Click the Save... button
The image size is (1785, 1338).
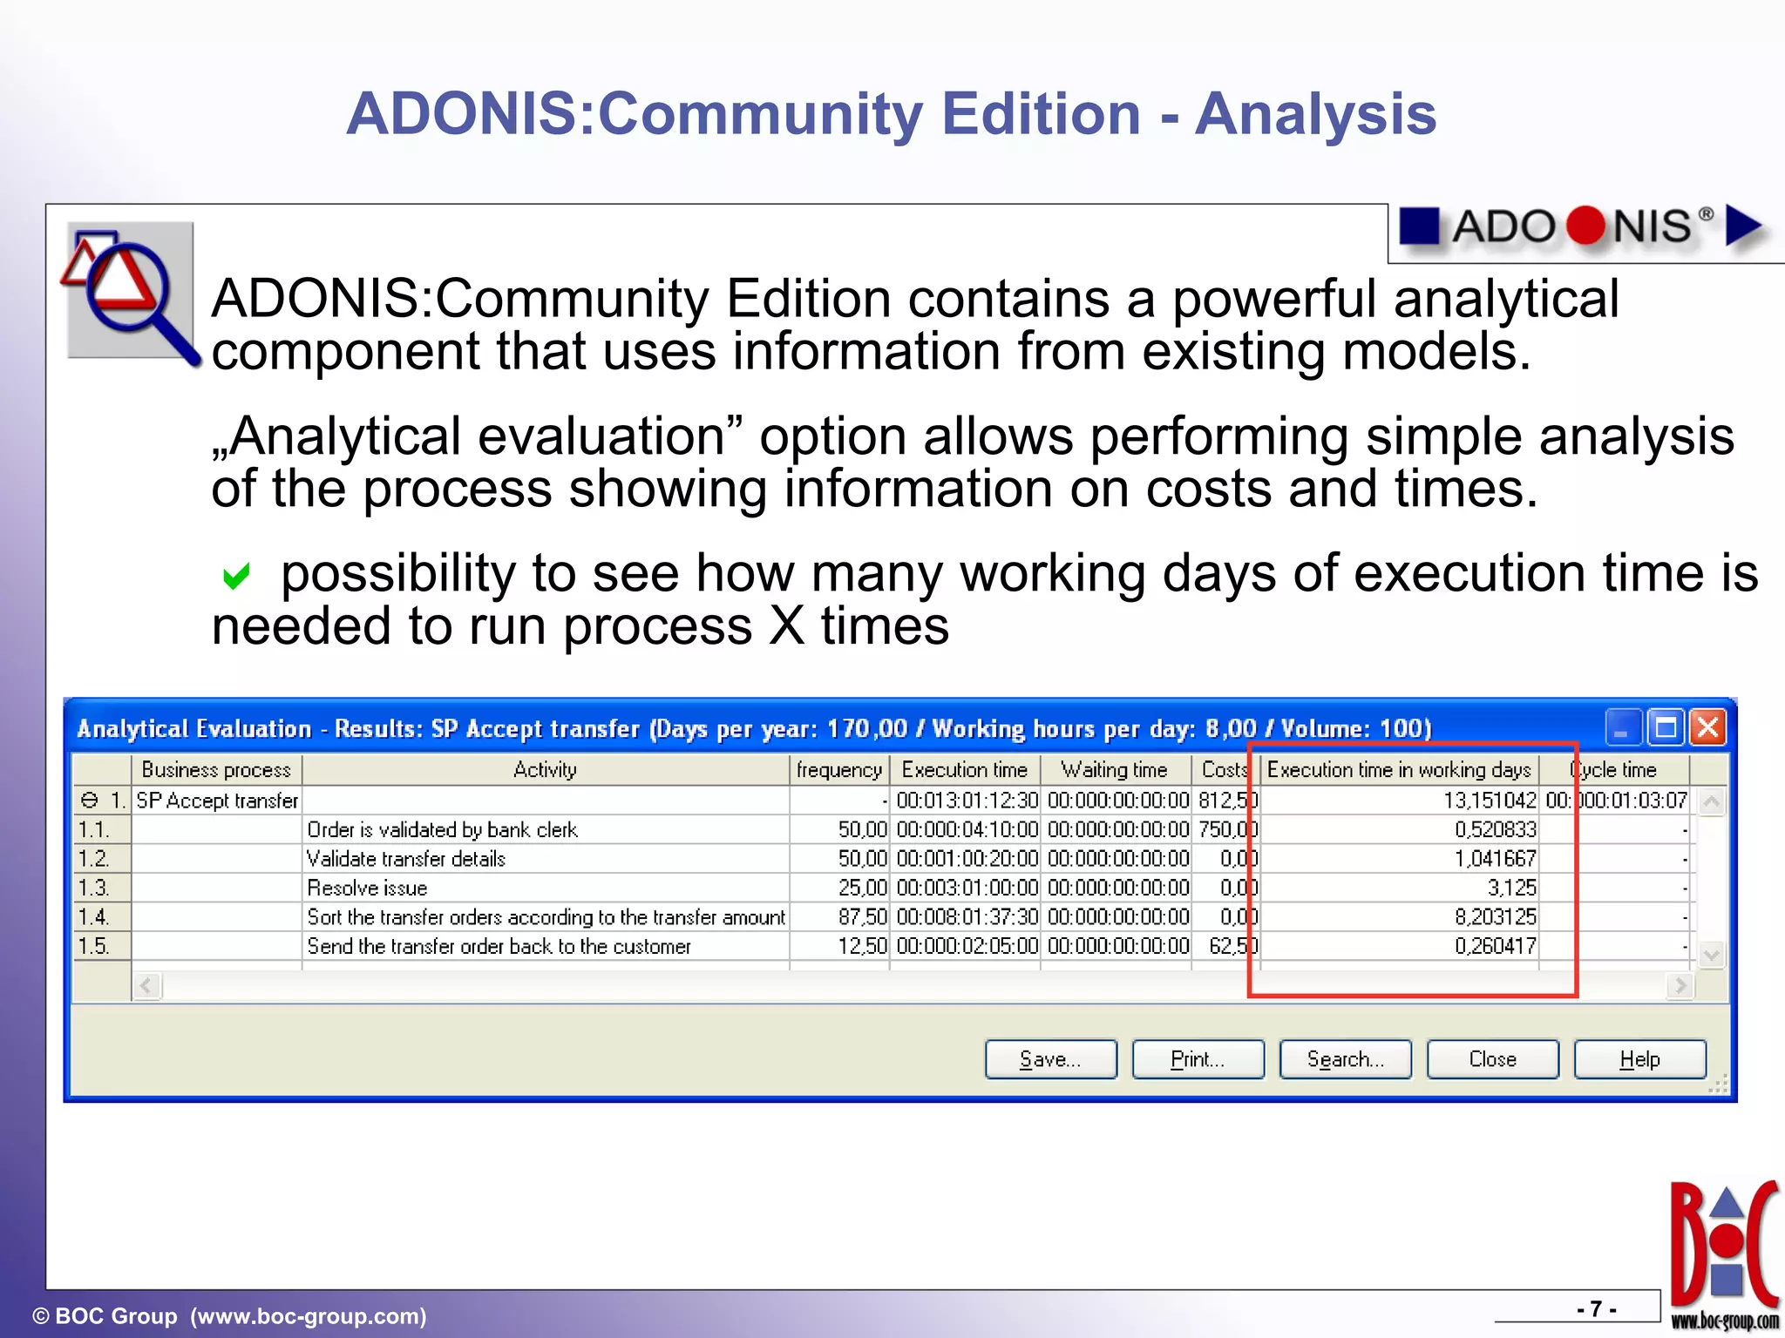[1050, 1059]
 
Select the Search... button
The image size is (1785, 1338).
[1345, 1059]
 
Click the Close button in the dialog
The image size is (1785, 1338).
[1492, 1059]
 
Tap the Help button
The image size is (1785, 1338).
[1639, 1059]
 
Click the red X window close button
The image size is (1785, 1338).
[1707, 726]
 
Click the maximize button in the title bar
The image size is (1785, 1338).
[1666, 726]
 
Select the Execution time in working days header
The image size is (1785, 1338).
[1398, 770]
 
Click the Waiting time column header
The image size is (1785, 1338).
[1114, 770]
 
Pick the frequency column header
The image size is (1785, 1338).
[838, 770]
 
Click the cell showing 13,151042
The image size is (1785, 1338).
[1489, 801]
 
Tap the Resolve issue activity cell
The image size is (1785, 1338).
[367, 889]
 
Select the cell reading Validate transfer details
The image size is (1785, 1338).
[406, 859]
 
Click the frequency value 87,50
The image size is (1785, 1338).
[861, 917]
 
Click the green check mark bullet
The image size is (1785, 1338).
[236, 576]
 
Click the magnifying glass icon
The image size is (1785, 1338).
[131, 291]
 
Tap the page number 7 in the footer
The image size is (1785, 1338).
[1595, 1309]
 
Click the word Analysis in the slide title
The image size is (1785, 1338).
[1314, 114]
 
